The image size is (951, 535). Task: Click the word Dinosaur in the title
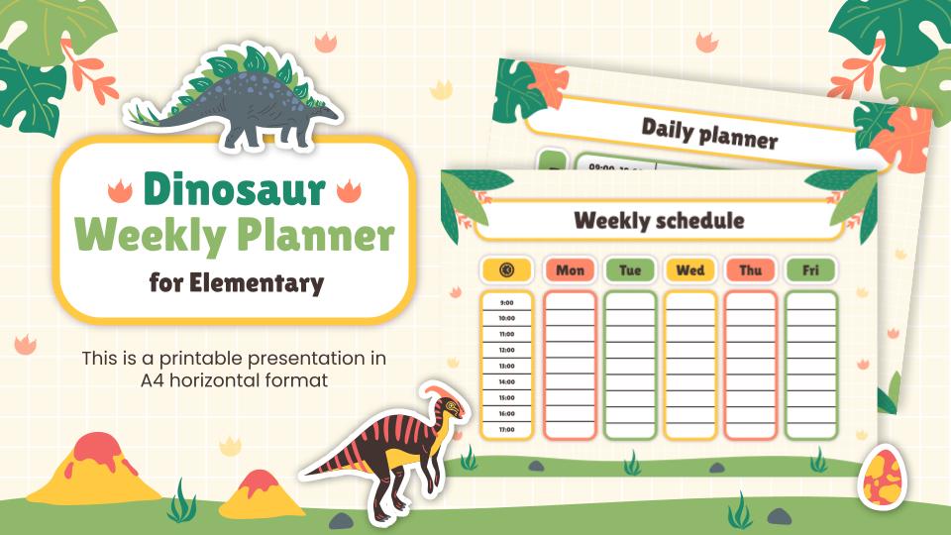pyautogui.click(x=235, y=188)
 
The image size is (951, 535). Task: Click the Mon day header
pyautogui.click(x=570, y=269)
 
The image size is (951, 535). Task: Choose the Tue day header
pyautogui.click(x=630, y=269)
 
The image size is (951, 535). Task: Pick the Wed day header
pyautogui.click(x=690, y=269)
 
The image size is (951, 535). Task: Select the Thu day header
pyautogui.click(x=750, y=269)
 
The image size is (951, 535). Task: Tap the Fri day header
pyautogui.click(x=810, y=269)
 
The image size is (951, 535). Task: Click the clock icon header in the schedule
pyautogui.click(x=507, y=269)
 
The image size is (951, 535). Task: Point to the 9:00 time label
pyautogui.click(x=507, y=303)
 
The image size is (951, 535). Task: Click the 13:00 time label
pyautogui.click(x=507, y=366)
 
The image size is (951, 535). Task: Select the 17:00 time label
pyautogui.click(x=507, y=429)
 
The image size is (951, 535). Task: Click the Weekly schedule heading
pyautogui.click(x=659, y=219)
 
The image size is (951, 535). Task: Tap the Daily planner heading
pyautogui.click(x=708, y=132)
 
